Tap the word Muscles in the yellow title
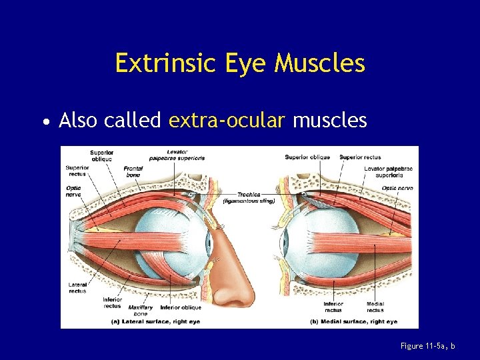coord(320,63)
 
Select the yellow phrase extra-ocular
coord(227,121)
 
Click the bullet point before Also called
coord(44,122)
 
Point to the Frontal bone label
coord(133,171)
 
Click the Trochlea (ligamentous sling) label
coord(248,197)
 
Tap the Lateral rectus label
coord(77,287)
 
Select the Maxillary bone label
coord(141,310)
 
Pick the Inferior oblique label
coord(181,307)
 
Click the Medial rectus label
coord(375,307)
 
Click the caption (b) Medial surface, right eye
coord(354,321)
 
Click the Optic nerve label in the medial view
coord(397,188)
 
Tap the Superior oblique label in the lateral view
coord(101,155)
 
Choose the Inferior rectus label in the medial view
coord(333,307)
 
